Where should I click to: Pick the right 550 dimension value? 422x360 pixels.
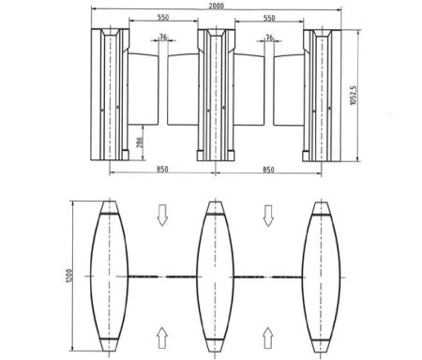(x=270, y=19)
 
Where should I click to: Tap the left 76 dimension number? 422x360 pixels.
(x=163, y=38)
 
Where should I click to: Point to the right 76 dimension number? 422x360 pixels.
(x=270, y=38)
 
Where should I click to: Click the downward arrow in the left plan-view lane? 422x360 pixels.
(x=161, y=217)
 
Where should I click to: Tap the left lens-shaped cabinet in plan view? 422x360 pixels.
(x=110, y=275)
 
